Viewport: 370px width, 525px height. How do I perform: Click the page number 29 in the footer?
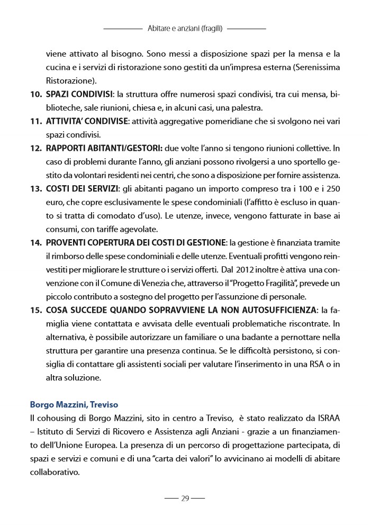point(185,498)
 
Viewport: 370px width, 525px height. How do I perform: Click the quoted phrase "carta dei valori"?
point(193,459)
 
